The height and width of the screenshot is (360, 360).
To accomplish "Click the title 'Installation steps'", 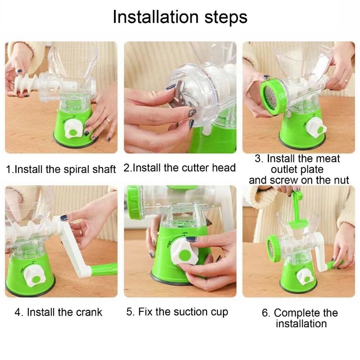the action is point(180,17).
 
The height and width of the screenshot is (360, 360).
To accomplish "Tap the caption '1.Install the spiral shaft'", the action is point(61,170).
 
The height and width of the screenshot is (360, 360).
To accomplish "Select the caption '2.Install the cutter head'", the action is point(180,168).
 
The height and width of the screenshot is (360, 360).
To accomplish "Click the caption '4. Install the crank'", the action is point(58,312).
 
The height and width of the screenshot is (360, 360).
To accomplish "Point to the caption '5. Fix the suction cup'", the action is point(177,312).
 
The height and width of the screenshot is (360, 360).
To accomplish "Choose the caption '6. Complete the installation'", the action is point(300,318).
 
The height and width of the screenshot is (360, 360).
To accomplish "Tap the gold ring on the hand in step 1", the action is point(108,120).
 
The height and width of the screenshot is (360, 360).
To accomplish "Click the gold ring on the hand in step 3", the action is point(346,81).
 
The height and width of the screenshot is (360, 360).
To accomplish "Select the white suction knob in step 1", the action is point(73,130).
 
